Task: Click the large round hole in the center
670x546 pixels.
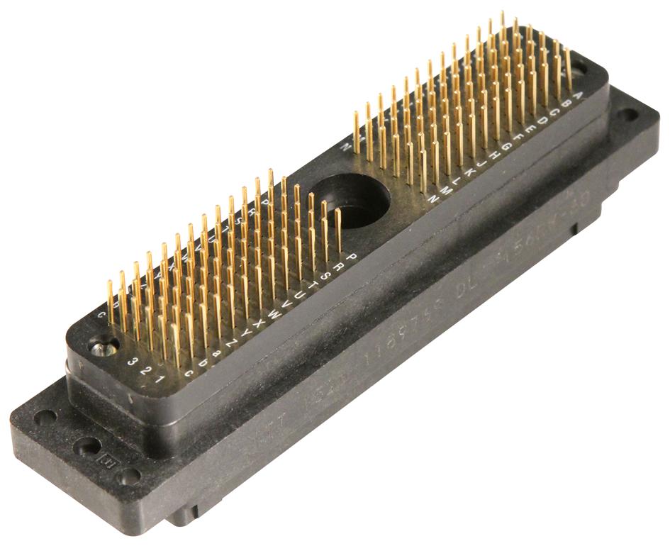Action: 351,198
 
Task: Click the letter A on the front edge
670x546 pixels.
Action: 579,97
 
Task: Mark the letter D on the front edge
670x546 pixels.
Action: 543,122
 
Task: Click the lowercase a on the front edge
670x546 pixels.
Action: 217,351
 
